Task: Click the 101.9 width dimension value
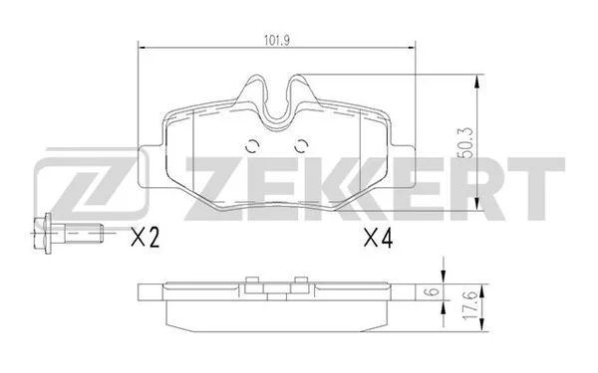pos(277,40)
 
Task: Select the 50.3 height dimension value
pos(467,142)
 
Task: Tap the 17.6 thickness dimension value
pos(469,305)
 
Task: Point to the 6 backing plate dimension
pos(433,292)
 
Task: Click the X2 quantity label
pos(145,237)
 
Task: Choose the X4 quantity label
pos(378,238)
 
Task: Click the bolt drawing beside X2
pos(68,233)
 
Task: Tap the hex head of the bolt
pos(42,233)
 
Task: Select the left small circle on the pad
pos(252,146)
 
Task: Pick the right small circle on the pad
pos(301,146)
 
